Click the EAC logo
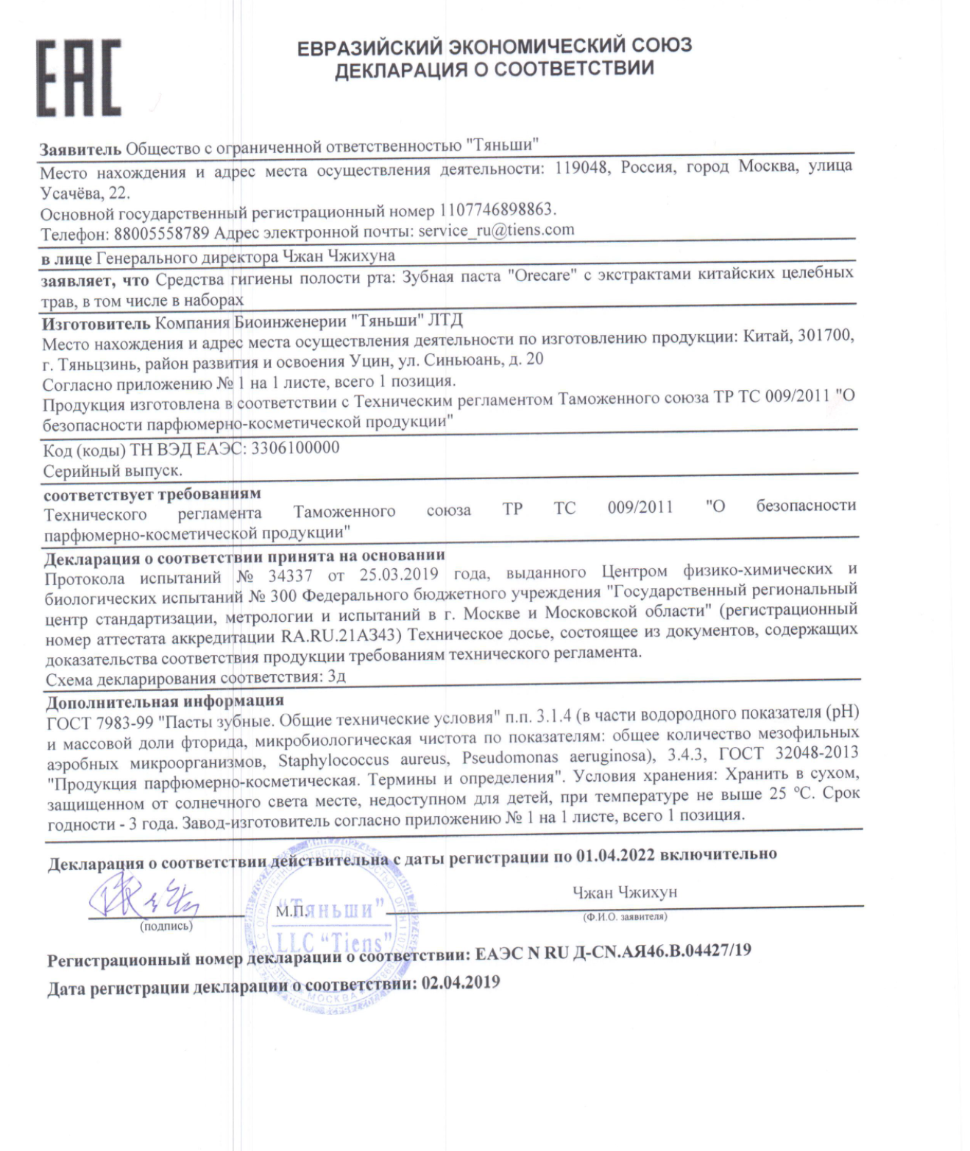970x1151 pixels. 79,78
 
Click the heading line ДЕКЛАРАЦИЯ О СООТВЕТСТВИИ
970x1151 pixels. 494,69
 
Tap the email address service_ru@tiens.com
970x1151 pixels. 496,230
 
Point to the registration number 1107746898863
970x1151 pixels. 498,210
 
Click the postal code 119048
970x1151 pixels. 581,168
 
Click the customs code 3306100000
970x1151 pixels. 295,447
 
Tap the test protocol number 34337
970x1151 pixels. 290,575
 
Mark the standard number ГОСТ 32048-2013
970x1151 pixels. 788,753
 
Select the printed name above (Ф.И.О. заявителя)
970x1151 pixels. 625,893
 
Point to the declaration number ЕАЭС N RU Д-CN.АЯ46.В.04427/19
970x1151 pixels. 613,952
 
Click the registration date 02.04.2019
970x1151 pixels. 460,983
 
